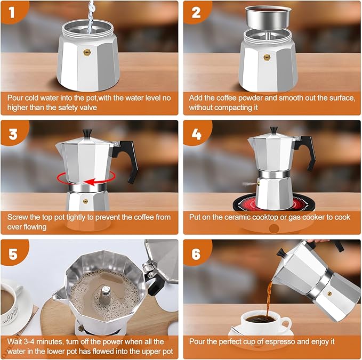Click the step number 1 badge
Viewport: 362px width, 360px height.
[13, 12]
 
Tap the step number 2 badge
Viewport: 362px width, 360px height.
[196, 12]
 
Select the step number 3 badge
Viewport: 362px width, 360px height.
[13, 133]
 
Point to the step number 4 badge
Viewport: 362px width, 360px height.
[196, 133]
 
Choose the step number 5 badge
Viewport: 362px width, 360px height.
[13, 254]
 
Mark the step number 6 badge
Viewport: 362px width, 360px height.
[196, 254]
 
